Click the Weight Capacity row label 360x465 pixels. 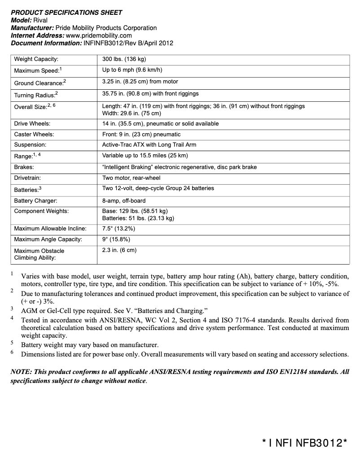click(x=36, y=59)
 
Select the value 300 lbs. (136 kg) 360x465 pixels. click(x=124, y=59)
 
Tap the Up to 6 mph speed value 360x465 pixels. click(x=132, y=70)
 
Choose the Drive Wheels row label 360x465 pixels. click(x=32, y=123)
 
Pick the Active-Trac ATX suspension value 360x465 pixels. click(x=149, y=145)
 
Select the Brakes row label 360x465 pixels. click(x=24, y=167)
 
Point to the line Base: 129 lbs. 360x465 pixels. click(x=135, y=211)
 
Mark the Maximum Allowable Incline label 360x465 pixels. click(x=50, y=229)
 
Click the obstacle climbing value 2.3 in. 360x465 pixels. click(x=119, y=250)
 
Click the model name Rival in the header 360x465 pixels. click(x=40, y=20)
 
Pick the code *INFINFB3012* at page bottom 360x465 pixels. click(x=305, y=443)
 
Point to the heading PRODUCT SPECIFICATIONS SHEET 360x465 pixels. click(x=66, y=13)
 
